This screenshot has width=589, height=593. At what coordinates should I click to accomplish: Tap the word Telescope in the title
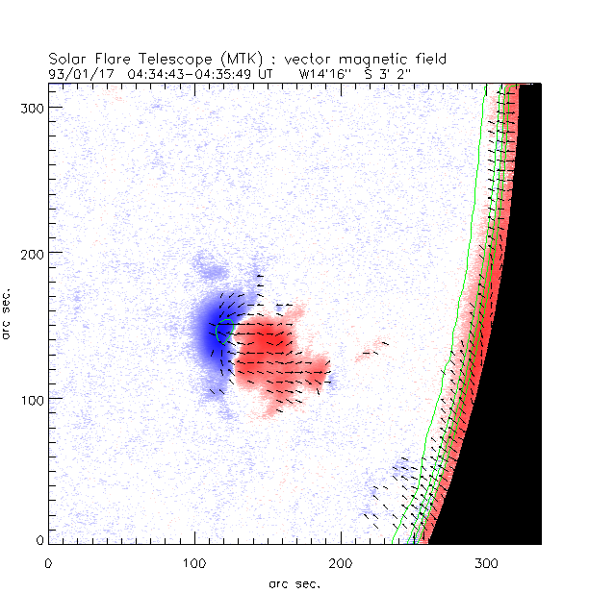[x=159, y=59]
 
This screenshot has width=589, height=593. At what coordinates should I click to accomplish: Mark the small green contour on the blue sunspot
[x=223, y=330]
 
